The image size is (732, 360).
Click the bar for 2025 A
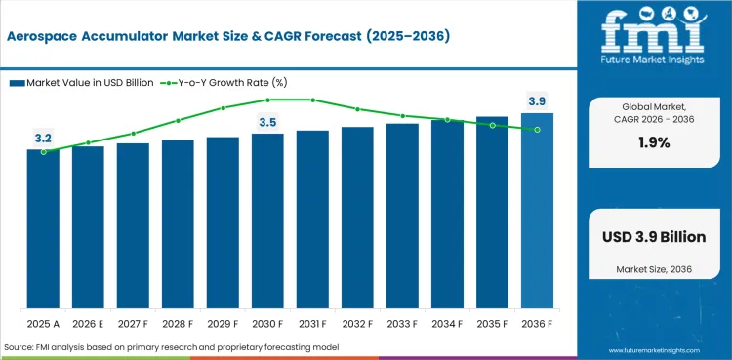(x=43, y=229)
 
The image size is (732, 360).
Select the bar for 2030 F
(x=267, y=221)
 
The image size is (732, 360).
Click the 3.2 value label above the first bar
(x=43, y=140)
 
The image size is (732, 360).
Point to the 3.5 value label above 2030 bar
(x=267, y=122)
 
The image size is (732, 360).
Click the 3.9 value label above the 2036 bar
(x=537, y=101)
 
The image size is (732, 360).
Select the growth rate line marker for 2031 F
(x=312, y=100)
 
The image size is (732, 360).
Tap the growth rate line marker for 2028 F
(x=178, y=121)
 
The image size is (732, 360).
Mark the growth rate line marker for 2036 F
(x=537, y=130)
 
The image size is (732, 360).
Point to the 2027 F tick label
(x=133, y=322)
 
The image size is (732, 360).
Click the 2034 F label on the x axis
(x=447, y=322)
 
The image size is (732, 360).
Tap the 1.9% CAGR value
(x=653, y=142)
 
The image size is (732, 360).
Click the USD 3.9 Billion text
(x=653, y=237)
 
